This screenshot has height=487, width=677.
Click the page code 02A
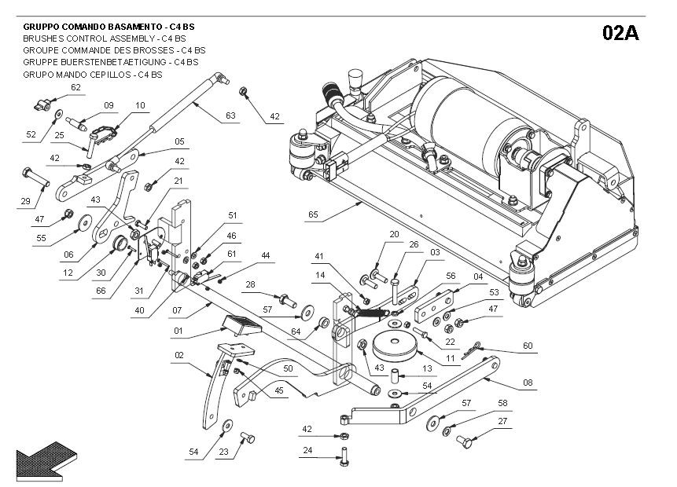click(x=620, y=33)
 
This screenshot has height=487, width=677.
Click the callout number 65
click(x=313, y=214)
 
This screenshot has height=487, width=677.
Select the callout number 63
click(x=230, y=115)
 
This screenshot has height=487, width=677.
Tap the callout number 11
click(x=451, y=358)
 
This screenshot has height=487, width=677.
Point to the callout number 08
click(x=528, y=383)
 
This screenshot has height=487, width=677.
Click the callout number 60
click(x=528, y=346)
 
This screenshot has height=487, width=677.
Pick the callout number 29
click(x=25, y=200)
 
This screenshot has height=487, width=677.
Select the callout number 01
click(x=178, y=331)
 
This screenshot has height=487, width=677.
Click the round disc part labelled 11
click(x=395, y=346)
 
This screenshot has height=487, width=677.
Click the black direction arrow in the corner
click(x=46, y=461)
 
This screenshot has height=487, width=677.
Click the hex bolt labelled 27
click(x=464, y=441)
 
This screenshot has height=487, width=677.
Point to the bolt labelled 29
click(x=35, y=177)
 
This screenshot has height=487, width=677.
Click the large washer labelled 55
click(x=85, y=222)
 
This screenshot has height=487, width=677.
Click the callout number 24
click(x=307, y=450)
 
